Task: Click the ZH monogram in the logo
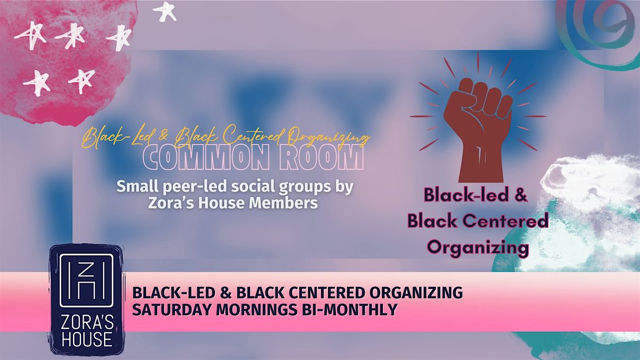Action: (x=86, y=281)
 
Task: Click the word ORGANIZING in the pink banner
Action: (x=414, y=293)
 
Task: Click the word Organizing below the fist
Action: (x=478, y=247)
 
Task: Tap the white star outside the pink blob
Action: (x=165, y=11)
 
